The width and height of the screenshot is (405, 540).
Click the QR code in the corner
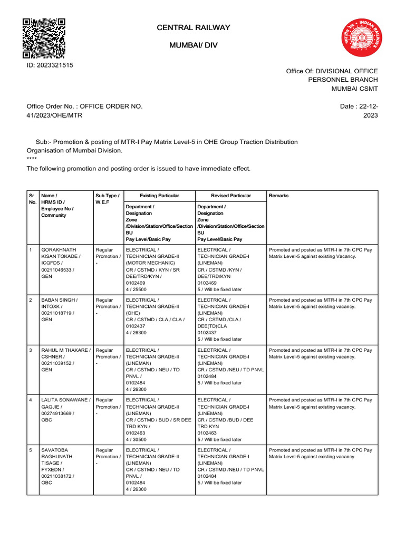click(44, 38)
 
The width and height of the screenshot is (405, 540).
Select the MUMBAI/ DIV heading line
click(193, 46)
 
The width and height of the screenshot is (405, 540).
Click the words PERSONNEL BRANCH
click(343, 79)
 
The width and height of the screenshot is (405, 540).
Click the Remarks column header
click(279, 196)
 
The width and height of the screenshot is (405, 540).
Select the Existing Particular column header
click(159, 196)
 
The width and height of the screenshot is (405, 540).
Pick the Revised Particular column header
click(231, 196)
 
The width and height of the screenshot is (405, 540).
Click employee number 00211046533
click(58, 269)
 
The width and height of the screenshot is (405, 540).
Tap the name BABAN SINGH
click(59, 300)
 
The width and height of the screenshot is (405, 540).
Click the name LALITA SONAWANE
click(65, 400)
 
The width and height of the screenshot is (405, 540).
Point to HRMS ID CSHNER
click(52, 356)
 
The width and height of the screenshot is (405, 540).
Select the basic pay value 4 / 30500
click(136, 439)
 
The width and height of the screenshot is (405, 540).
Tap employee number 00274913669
click(58, 413)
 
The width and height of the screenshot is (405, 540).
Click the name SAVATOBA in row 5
click(55, 450)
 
